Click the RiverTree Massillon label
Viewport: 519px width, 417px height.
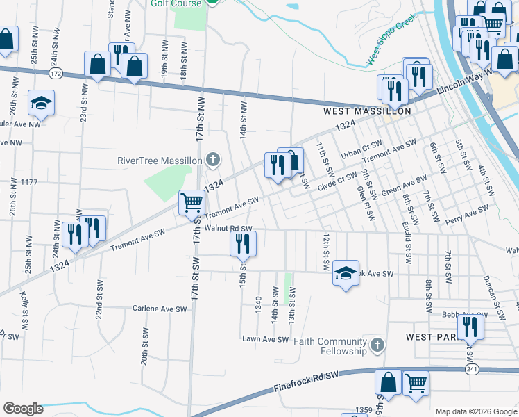[160, 161]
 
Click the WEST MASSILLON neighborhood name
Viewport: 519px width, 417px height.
[367, 111]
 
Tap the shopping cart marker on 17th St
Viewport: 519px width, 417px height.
[192, 203]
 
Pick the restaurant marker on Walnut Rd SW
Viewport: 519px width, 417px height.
[243, 243]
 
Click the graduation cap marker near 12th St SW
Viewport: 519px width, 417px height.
[346, 272]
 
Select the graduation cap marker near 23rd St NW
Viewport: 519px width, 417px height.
[42, 103]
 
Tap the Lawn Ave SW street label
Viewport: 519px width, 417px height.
[264, 339]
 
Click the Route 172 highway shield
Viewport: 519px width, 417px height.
[56, 73]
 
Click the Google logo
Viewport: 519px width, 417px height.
[23, 408]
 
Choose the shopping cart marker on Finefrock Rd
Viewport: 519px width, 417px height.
[416, 382]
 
